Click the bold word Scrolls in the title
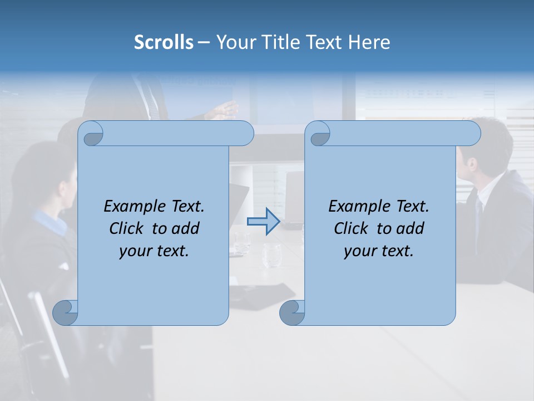(164, 42)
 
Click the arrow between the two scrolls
(264, 222)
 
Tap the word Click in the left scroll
(128, 228)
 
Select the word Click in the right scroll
(353, 228)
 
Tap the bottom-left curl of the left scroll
(65, 312)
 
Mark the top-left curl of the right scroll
(318, 134)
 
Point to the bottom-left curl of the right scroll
(292, 312)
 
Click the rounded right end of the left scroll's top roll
(245, 134)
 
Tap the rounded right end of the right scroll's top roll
(472, 134)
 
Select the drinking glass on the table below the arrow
(272, 255)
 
